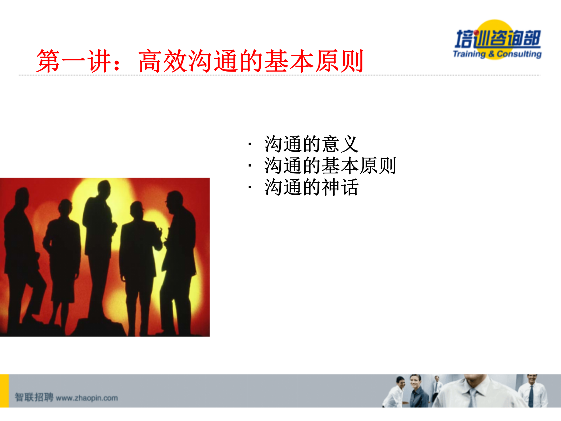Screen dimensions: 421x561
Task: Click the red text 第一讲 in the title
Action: (x=74, y=61)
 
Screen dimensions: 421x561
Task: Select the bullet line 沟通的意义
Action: (x=311, y=144)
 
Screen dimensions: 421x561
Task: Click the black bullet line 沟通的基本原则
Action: (x=330, y=166)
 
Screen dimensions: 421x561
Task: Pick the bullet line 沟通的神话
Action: (x=311, y=187)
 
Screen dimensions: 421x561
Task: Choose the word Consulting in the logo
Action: (x=519, y=54)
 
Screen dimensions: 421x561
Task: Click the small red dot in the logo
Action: (x=477, y=33)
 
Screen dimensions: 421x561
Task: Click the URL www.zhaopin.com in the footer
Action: (x=87, y=398)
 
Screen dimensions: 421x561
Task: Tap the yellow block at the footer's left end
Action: (x=4, y=391)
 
